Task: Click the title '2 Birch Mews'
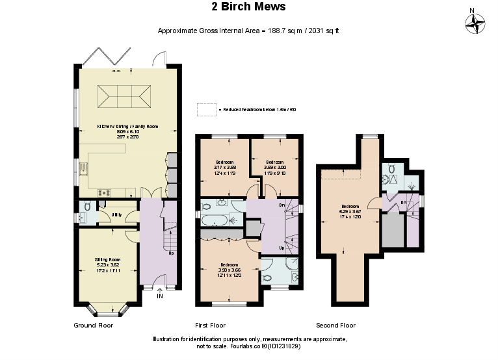[248, 7]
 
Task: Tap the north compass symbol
[476, 24]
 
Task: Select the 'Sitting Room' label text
[107, 263]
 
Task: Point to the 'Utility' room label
[116, 214]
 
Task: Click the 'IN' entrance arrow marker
[160, 296]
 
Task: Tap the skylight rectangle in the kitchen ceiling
[122, 97]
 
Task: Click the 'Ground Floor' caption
[94, 325]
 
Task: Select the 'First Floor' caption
[210, 325]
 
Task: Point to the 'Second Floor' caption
[335, 325]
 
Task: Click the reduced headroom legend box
[206, 110]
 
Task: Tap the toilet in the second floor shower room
[392, 170]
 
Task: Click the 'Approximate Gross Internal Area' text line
[248, 31]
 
